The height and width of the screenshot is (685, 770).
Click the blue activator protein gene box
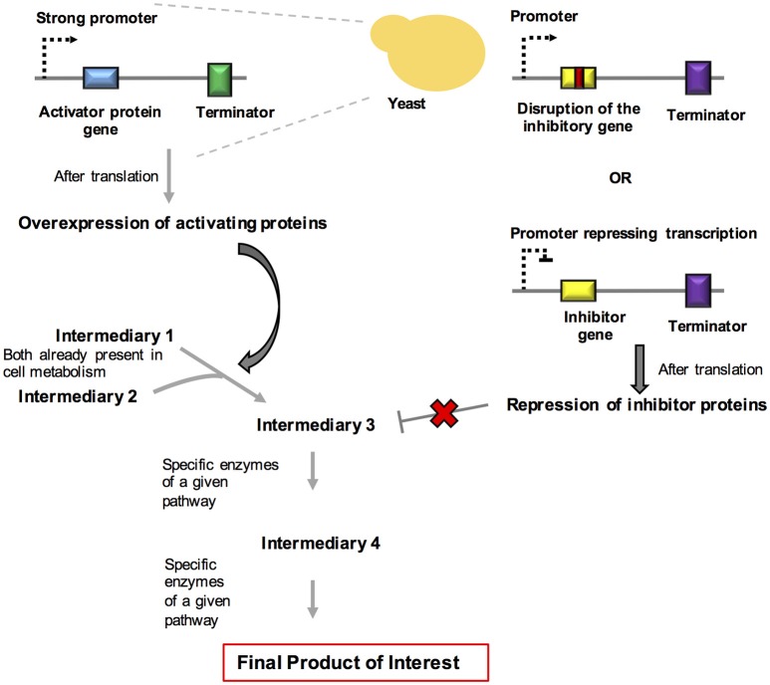(102, 77)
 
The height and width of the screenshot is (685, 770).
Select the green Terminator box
(219, 77)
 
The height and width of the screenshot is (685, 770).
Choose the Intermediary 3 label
(316, 426)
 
